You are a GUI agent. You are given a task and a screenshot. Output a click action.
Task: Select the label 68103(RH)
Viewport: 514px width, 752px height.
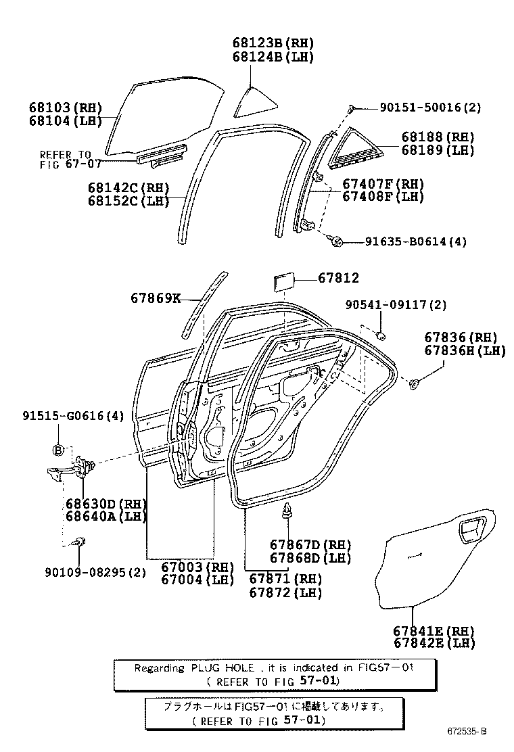pos(65,108)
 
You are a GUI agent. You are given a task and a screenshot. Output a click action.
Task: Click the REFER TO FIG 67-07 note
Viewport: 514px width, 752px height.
pos(65,159)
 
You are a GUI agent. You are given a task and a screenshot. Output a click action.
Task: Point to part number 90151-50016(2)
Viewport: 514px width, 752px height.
pos(430,108)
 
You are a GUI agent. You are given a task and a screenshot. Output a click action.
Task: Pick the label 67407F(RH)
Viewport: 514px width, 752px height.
pos(383,183)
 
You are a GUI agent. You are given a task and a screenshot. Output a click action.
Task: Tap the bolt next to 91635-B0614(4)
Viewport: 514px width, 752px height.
pos(338,240)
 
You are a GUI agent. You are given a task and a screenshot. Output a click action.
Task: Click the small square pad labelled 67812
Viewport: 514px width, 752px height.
pos(282,279)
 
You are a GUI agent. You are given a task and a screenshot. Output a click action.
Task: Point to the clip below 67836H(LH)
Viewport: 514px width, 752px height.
pos(413,384)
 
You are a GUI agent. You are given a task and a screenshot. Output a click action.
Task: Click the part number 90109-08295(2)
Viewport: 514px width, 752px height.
pos(95,573)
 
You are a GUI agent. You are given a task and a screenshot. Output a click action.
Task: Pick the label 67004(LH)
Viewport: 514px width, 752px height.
pos(197,580)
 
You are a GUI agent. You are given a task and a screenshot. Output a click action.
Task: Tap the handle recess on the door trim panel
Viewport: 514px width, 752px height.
pos(473,531)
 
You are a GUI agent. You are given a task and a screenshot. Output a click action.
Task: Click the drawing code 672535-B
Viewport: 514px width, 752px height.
pos(467,732)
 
